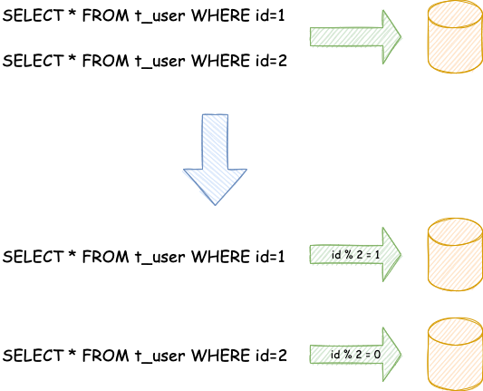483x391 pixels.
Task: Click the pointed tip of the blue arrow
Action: coord(215,203)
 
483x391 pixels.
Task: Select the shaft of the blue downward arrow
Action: coord(215,141)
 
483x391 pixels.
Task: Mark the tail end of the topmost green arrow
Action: coord(312,36)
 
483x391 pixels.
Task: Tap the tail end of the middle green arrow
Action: coord(312,254)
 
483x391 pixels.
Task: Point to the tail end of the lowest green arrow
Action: coord(312,354)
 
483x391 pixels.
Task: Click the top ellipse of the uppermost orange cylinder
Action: coord(453,13)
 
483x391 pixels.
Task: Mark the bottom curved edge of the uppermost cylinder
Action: coord(453,70)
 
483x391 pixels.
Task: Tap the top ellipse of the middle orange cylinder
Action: coord(453,230)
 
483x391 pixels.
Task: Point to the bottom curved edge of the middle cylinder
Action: coord(453,288)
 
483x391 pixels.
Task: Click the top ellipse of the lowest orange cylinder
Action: coord(453,328)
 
